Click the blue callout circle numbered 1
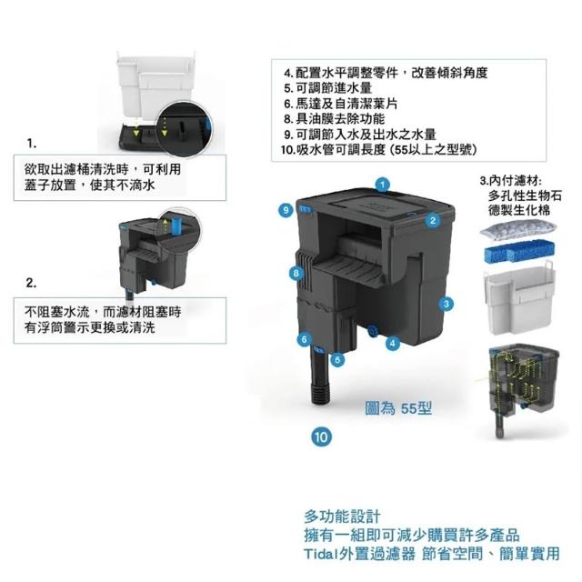click(383, 185)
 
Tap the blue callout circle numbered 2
click(433, 220)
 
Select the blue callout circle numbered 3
click(447, 304)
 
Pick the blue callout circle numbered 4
click(392, 343)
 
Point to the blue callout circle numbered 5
click(337, 359)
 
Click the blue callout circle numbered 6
click(305, 339)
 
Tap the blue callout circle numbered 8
click(296, 274)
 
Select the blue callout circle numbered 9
click(286, 210)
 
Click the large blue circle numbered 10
click(321, 436)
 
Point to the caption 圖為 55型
click(398, 408)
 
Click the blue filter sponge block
click(519, 251)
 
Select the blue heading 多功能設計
click(342, 517)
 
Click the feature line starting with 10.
click(378, 149)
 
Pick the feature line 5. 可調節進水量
click(328, 88)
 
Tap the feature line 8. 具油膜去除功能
click(335, 119)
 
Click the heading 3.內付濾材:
click(511, 181)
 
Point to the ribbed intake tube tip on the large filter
click(320, 395)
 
